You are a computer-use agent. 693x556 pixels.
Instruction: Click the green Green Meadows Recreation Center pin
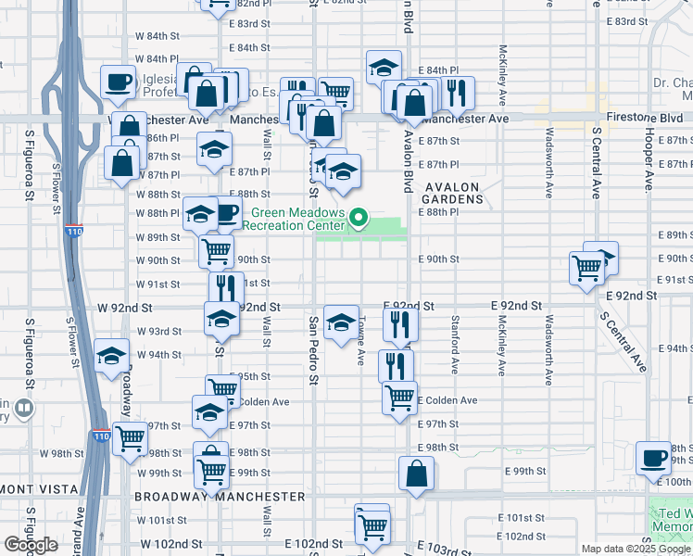pos(359,220)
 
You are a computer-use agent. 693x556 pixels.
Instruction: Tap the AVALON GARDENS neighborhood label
pos(452,193)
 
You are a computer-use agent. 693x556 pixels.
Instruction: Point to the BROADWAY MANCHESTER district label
pos(220,497)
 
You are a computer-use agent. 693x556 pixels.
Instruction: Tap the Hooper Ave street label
pos(650,152)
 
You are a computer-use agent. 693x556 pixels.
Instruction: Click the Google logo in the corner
pos(31,545)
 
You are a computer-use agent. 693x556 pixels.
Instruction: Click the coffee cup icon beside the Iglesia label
pos(118,82)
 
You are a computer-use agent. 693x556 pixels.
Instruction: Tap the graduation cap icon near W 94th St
pos(111,355)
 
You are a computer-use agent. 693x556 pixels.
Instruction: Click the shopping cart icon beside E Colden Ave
pos(399,398)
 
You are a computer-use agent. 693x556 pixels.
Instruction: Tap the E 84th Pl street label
pos(438,70)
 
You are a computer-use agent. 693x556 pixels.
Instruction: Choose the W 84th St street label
pos(155,36)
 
